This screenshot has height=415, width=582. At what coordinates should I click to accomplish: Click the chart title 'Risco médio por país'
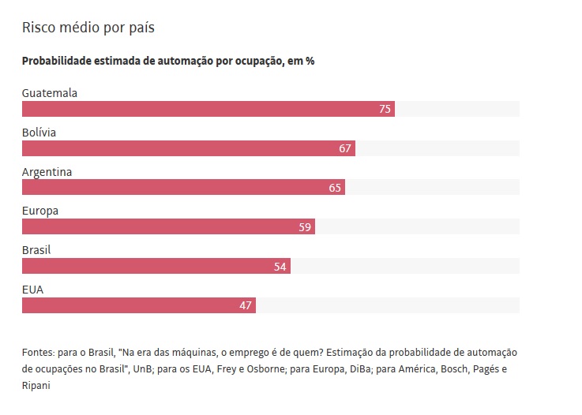click(x=88, y=28)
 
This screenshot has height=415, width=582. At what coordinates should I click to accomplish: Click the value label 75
click(x=385, y=109)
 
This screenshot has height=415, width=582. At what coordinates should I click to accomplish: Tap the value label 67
click(x=345, y=148)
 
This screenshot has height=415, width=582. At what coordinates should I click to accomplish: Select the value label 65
click(x=335, y=188)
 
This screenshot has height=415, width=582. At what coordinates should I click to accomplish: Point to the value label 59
click(x=305, y=227)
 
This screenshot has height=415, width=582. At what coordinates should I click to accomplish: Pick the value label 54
click(x=280, y=267)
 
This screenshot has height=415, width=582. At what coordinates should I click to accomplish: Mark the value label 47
click(x=246, y=305)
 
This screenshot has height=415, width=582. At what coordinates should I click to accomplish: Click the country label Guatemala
click(x=50, y=93)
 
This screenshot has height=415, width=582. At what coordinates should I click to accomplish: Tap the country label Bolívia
click(x=39, y=133)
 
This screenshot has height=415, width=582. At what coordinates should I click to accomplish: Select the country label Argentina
click(x=47, y=172)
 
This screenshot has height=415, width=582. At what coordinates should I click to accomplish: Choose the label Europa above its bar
click(x=40, y=211)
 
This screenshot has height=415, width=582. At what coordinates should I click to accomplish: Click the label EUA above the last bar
click(x=33, y=290)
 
